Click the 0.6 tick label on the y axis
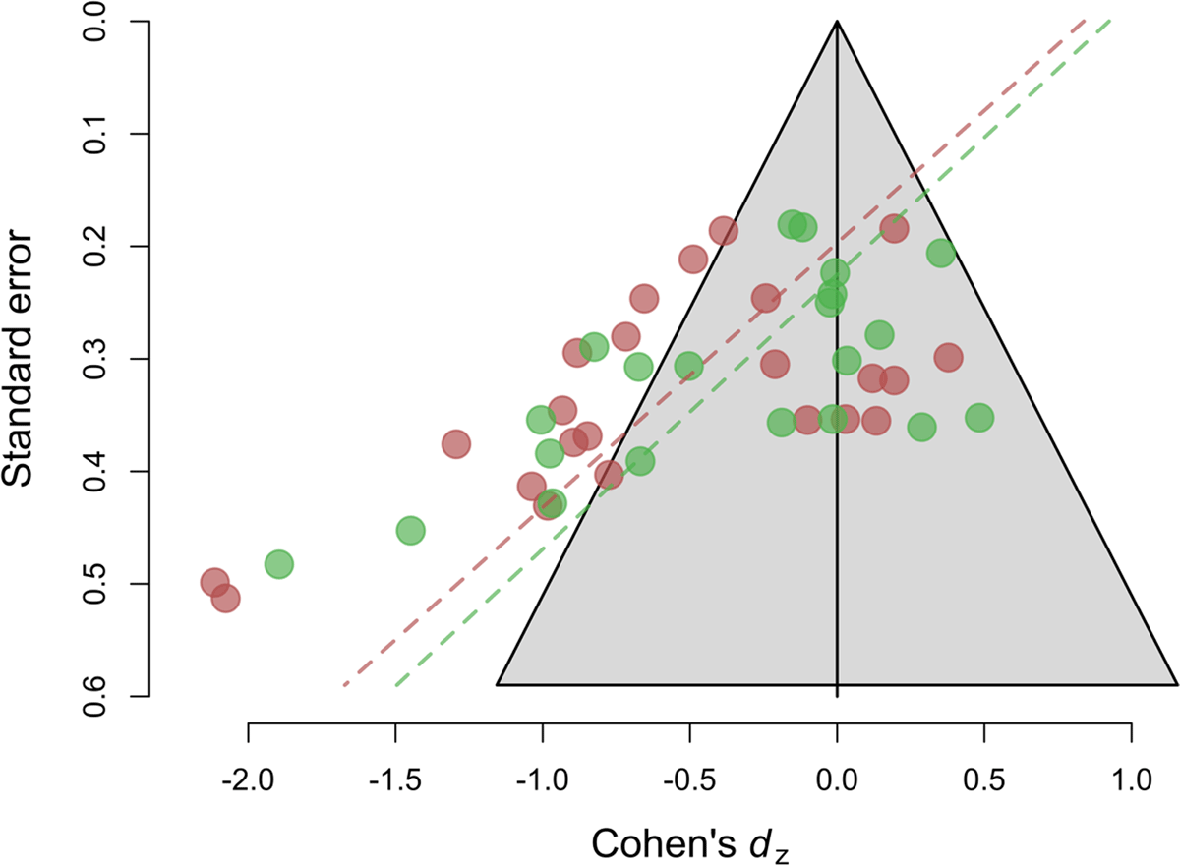[95, 696]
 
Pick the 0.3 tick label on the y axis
[95, 358]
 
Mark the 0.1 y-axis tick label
[95, 133]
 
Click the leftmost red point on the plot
[215, 582]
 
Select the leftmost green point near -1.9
[278, 565]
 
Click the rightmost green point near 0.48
[978, 417]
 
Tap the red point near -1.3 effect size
[455, 444]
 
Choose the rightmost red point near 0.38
[948, 358]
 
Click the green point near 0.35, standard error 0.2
[941, 253]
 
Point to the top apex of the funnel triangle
[837, 21]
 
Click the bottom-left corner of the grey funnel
[498, 683]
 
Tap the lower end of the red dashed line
[344, 684]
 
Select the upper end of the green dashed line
[1110, 20]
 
